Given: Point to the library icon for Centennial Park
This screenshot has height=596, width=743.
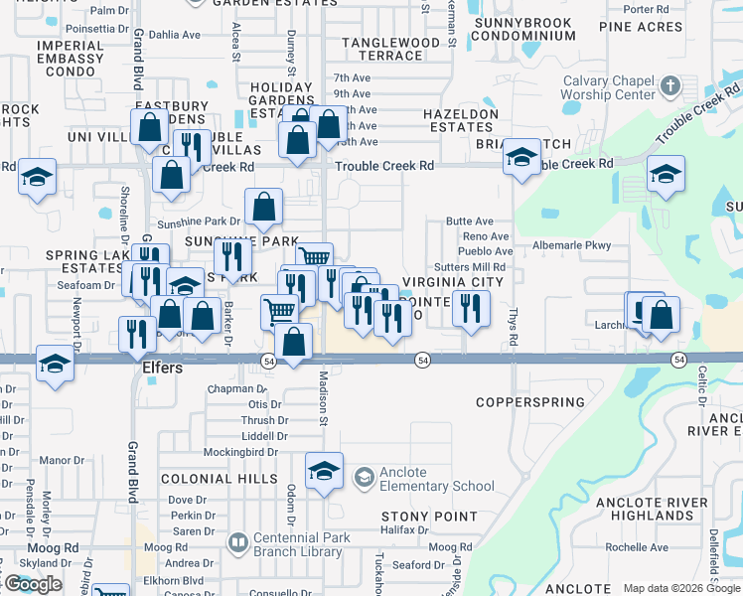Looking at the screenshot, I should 237,542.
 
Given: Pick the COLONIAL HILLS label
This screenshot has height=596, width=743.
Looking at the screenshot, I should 206,479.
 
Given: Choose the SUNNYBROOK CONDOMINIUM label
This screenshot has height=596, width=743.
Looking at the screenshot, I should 523,29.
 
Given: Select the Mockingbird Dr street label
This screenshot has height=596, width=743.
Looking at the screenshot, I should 246,451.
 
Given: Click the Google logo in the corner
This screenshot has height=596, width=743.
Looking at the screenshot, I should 33,584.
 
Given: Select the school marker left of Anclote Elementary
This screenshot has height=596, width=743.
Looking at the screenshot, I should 324,472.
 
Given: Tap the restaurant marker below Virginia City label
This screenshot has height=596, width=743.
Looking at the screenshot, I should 471,309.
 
